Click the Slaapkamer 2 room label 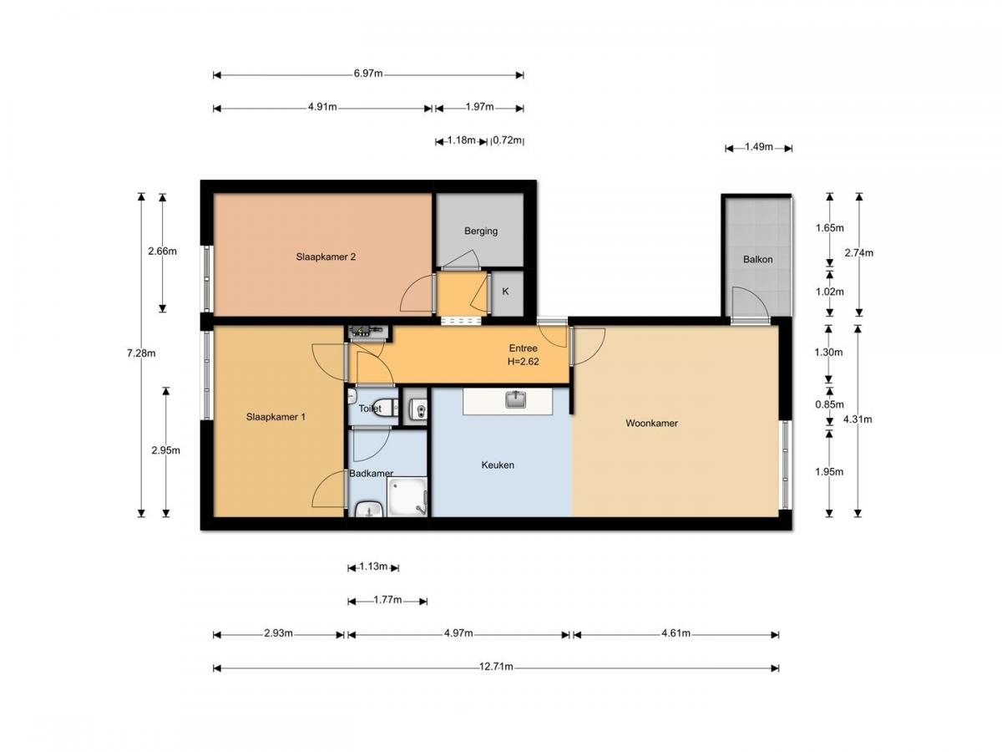pyautogui.click(x=326, y=257)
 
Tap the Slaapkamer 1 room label pyautogui.click(x=276, y=416)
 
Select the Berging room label pyautogui.click(x=481, y=231)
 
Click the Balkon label pyautogui.click(x=757, y=259)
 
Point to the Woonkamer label pyautogui.click(x=651, y=423)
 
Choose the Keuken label pyautogui.click(x=498, y=465)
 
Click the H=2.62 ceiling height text pyautogui.click(x=524, y=362)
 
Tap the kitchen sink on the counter pyautogui.click(x=516, y=399)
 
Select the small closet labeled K pyautogui.click(x=505, y=292)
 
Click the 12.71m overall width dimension pyautogui.click(x=496, y=667)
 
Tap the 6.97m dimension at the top pyautogui.click(x=367, y=74)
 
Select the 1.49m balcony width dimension pyautogui.click(x=757, y=148)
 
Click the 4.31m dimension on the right pyautogui.click(x=858, y=419)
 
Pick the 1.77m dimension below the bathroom pyautogui.click(x=387, y=600)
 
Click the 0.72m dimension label pyautogui.click(x=508, y=140)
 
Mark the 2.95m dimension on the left pyautogui.click(x=166, y=450)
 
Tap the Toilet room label pyautogui.click(x=370, y=409)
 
